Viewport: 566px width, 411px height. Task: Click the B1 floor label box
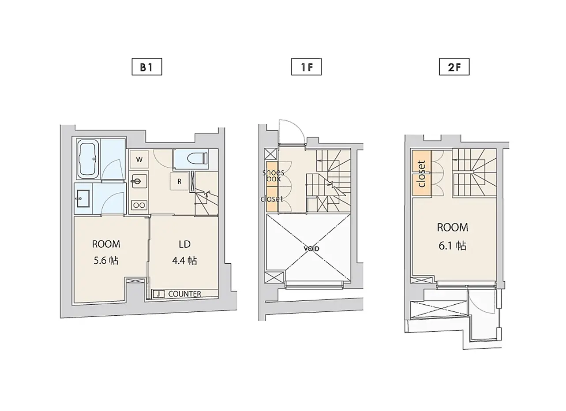pyautogui.click(x=147, y=67)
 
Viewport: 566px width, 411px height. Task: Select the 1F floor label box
pyautogui.click(x=306, y=67)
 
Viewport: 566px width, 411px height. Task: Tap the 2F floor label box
pyautogui.click(x=454, y=67)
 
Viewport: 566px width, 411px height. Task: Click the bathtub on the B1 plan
pyautogui.click(x=88, y=159)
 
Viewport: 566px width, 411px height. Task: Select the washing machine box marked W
pyautogui.click(x=139, y=159)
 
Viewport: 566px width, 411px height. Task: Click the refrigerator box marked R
pyautogui.click(x=180, y=181)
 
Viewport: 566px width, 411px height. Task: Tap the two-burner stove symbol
pyautogui.click(x=139, y=205)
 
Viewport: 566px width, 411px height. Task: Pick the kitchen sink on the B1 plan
pyautogui.click(x=139, y=181)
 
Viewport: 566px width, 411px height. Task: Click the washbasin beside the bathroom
pyautogui.click(x=82, y=198)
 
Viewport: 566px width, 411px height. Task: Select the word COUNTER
pyautogui.click(x=184, y=294)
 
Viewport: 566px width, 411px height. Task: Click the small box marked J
pyautogui.click(x=159, y=294)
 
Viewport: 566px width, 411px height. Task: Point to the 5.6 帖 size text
pyautogui.click(x=106, y=261)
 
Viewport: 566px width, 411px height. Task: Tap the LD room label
pyautogui.click(x=184, y=244)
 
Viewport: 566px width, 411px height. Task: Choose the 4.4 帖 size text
pyautogui.click(x=184, y=261)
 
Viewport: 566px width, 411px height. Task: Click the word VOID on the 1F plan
pyautogui.click(x=311, y=249)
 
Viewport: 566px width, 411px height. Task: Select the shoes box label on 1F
pyautogui.click(x=274, y=176)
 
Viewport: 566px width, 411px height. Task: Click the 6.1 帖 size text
pyautogui.click(x=452, y=246)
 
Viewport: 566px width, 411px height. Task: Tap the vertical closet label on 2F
pyautogui.click(x=422, y=174)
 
